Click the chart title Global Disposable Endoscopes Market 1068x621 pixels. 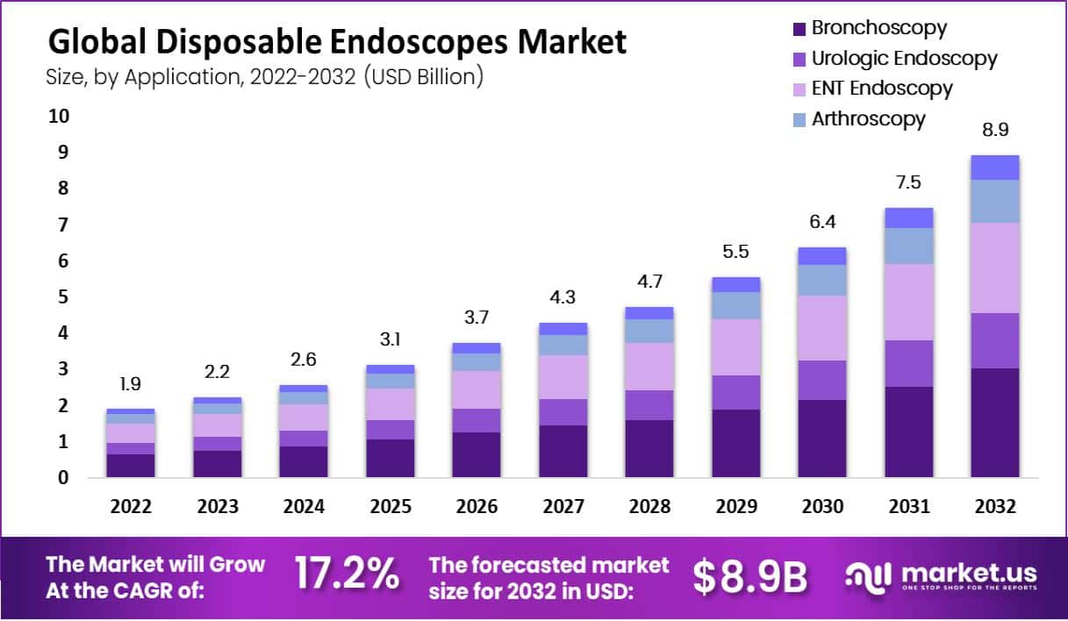point(337,41)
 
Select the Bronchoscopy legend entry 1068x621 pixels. point(878,27)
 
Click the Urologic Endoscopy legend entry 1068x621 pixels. point(904,58)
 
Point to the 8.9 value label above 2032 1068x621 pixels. point(994,130)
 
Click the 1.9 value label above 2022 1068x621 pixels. point(131,383)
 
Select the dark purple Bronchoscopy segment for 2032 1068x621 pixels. point(994,422)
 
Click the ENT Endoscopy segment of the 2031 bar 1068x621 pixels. point(908,302)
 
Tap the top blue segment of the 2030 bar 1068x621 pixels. point(822,255)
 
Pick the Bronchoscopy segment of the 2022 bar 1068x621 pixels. point(131,465)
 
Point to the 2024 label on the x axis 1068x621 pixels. point(304,507)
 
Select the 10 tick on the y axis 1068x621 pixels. point(58,116)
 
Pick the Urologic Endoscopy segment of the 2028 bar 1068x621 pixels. point(649,404)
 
